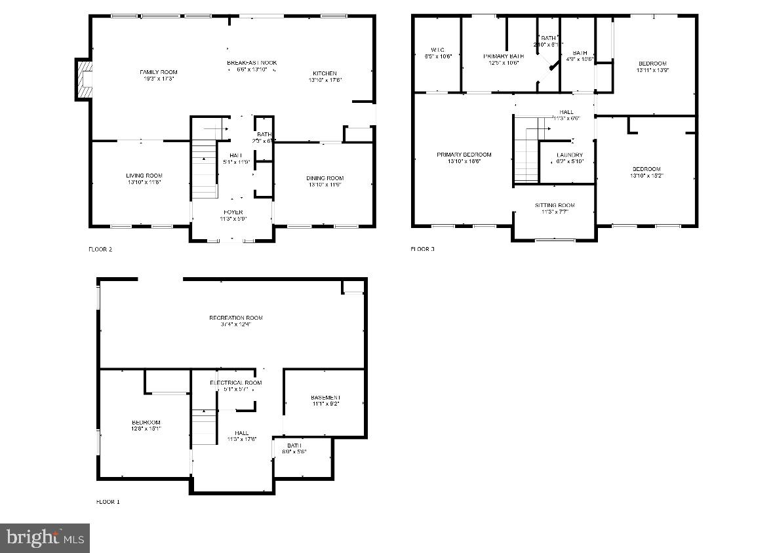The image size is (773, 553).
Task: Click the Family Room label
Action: pos(159,72)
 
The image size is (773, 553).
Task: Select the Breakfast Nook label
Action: pos(252,63)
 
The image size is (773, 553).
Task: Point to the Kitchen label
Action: pos(325,73)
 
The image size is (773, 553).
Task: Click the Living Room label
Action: pos(144,176)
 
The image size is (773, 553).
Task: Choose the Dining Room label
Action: pos(325,178)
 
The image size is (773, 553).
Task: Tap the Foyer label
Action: pos(233,212)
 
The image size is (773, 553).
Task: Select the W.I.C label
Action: pos(438,50)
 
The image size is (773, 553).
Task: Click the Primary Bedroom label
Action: pos(464,155)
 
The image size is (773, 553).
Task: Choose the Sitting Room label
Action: pos(554,205)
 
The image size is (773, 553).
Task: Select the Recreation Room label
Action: pos(236,318)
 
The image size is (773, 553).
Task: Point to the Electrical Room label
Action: pos(235,383)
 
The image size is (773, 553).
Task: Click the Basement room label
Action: pos(326,398)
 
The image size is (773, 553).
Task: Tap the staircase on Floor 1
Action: pos(204,426)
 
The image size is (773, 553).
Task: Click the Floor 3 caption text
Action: pos(422,249)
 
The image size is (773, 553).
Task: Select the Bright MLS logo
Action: pos(45,538)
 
